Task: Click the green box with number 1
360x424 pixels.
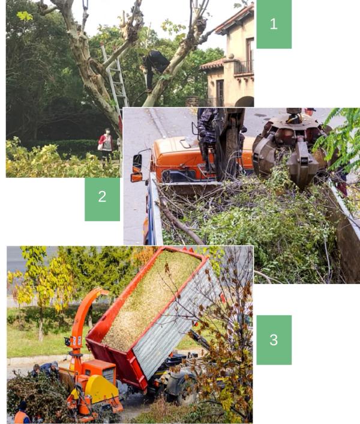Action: point(274,24)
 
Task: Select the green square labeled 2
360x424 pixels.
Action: point(103,199)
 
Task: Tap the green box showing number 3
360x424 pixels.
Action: point(274,340)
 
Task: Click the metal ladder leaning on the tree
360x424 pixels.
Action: point(115,79)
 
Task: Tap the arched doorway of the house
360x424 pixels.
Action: point(244,101)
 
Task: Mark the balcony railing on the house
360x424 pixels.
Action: point(244,67)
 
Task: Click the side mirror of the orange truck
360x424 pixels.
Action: point(137,163)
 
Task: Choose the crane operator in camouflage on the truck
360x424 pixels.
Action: point(208,135)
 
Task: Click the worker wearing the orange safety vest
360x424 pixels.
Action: point(22,413)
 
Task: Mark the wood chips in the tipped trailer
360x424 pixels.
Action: point(151,297)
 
